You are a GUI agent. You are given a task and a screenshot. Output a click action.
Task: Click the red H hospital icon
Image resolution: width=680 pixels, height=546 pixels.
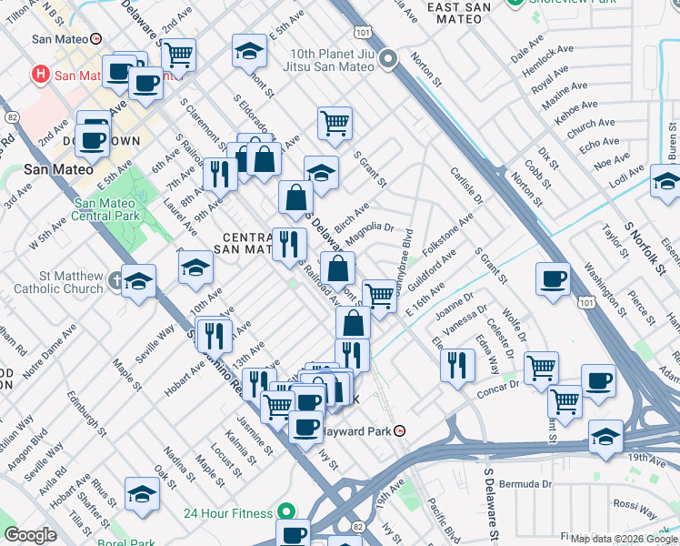(x=40, y=74)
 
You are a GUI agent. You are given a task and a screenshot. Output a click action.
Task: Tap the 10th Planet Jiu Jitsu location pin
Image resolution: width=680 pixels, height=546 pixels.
(x=389, y=61)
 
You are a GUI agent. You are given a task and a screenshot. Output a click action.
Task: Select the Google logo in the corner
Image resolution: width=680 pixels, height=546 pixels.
(x=30, y=535)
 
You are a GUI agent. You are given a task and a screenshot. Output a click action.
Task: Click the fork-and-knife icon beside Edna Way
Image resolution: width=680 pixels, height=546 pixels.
(x=457, y=363)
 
